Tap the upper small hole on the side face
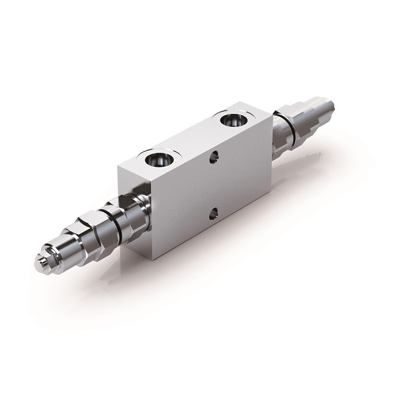click(213, 158)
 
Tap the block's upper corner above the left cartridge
click(118, 161)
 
